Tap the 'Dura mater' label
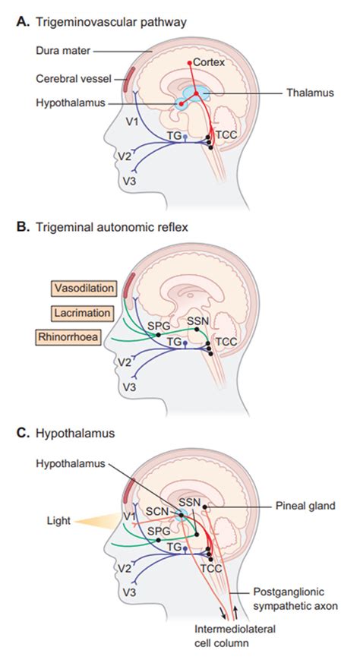click(64, 52)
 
